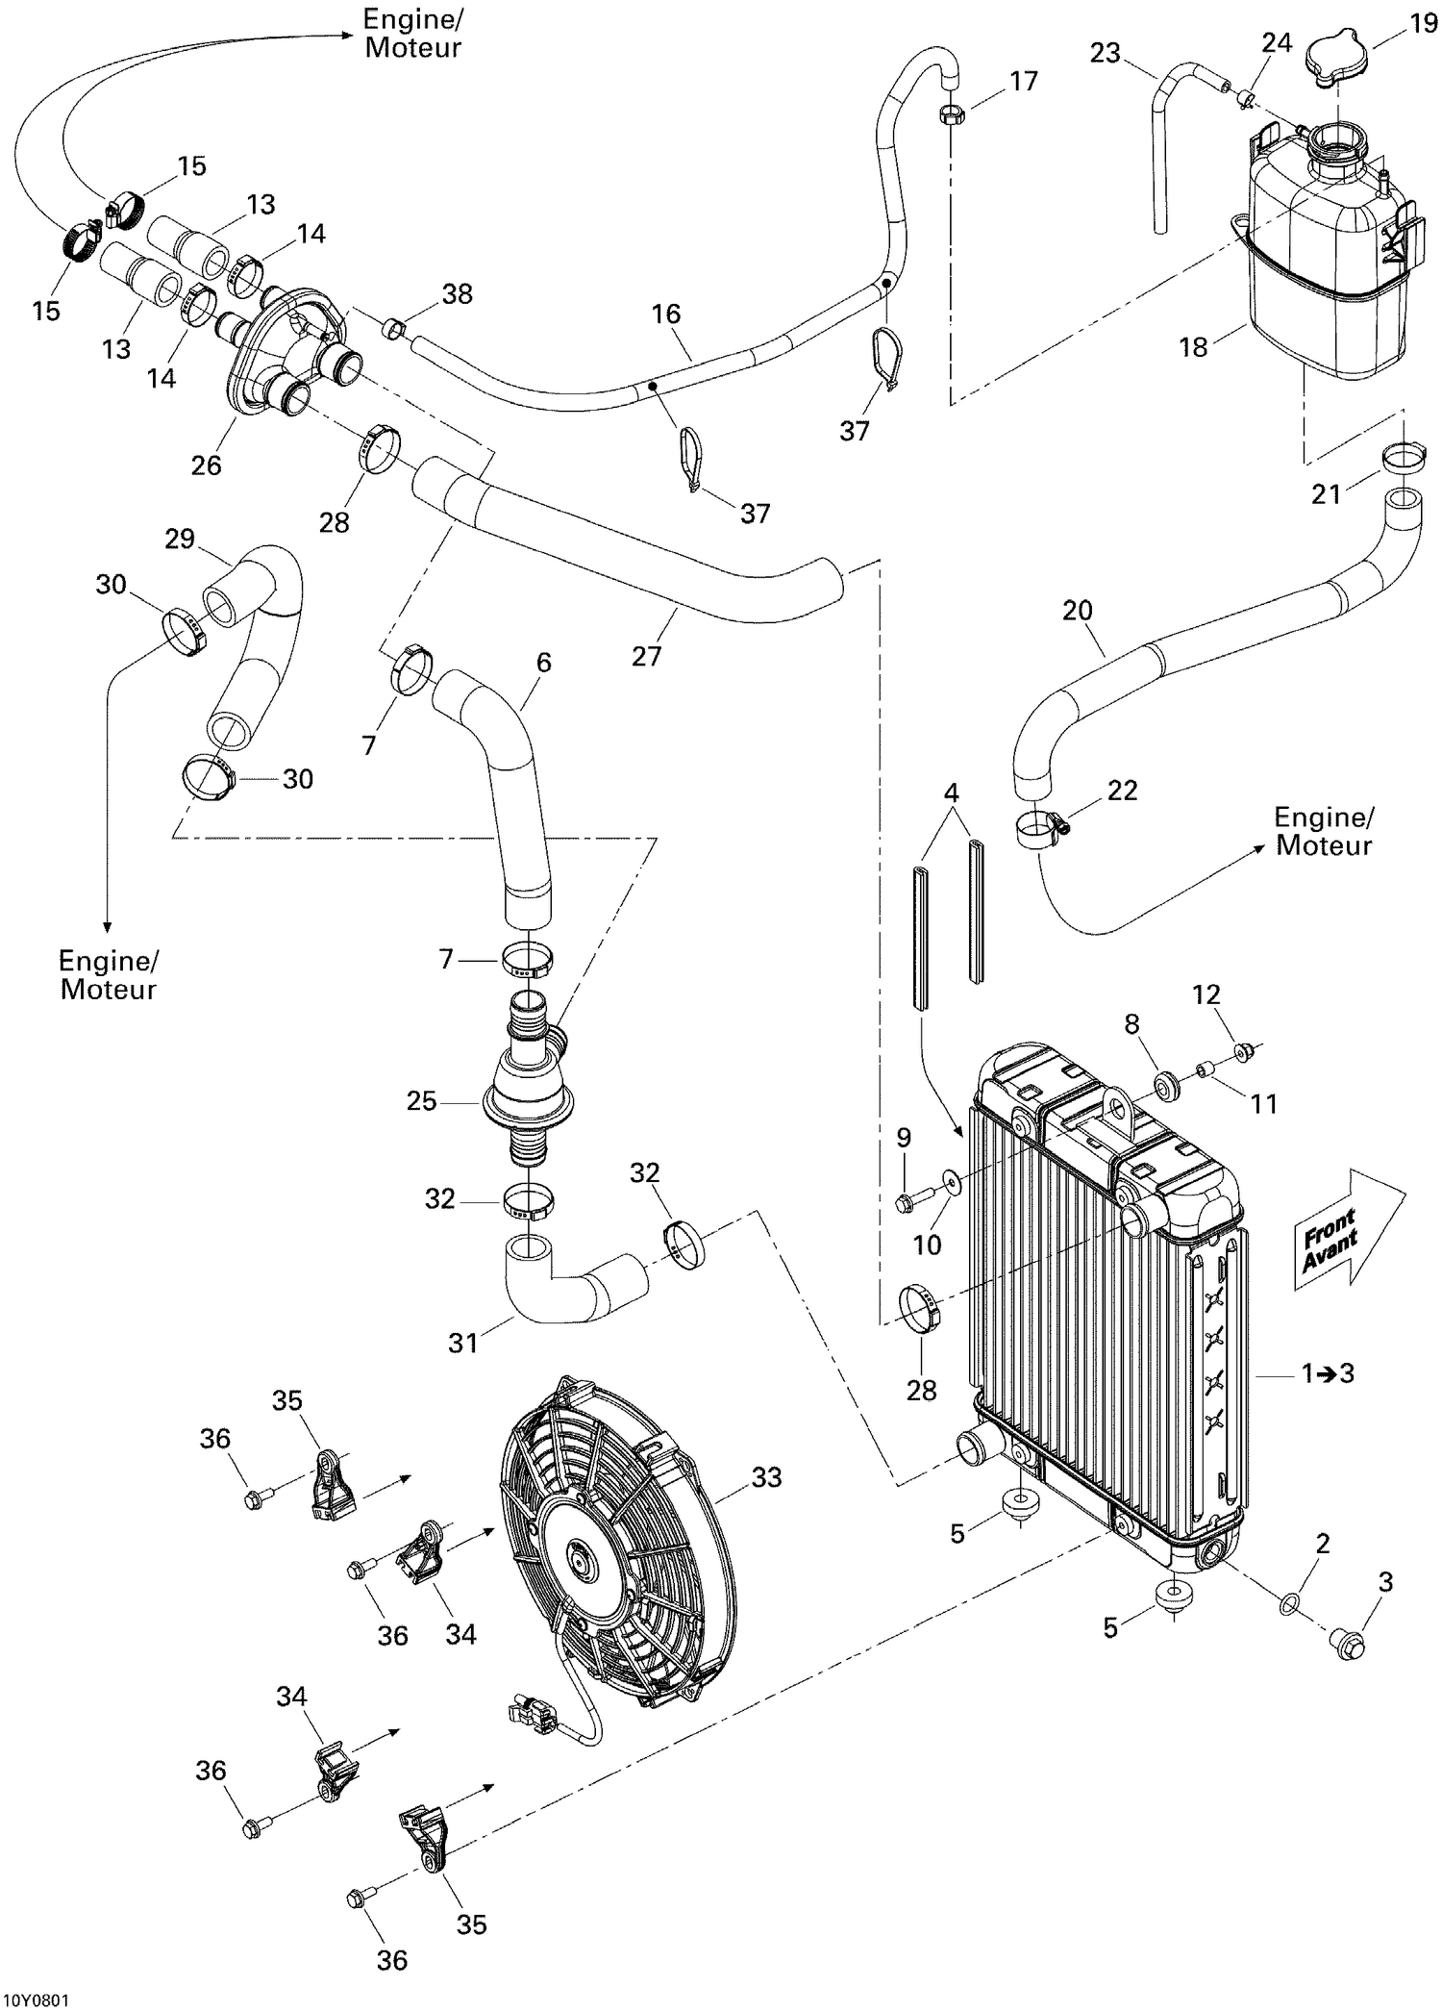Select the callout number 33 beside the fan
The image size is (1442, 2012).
tap(766, 1476)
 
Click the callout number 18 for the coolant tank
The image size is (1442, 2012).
tap(1192, 346)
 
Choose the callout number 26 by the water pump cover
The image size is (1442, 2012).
tap(206, 465)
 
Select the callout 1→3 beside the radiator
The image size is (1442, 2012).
tap(1328, 1373)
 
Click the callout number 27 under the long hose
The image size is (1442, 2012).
tap(646, 655)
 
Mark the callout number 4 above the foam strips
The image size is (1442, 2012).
tap(951, 793)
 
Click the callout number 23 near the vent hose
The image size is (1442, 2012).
tap(1106, 52)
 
